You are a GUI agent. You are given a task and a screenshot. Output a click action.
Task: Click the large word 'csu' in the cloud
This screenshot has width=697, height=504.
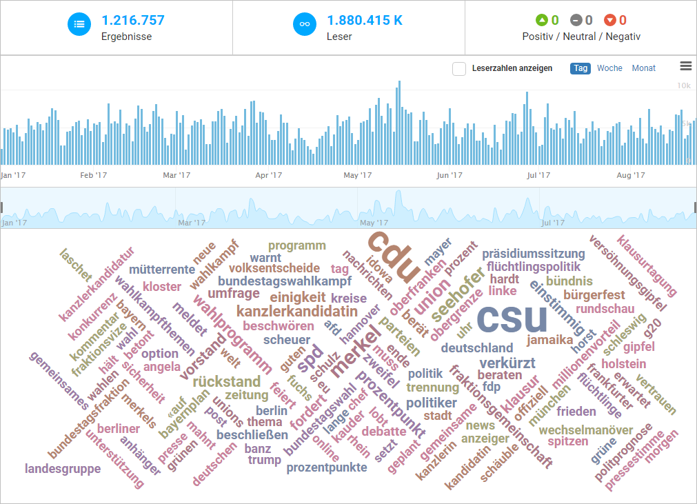512,319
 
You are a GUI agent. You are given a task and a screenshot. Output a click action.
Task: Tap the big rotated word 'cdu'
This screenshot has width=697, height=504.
391,254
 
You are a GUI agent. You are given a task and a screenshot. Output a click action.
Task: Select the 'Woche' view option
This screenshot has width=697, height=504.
609,68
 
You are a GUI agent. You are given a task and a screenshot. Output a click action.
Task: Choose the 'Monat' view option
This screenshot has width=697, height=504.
643,68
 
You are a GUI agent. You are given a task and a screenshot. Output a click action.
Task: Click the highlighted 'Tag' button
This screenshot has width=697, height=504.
580,68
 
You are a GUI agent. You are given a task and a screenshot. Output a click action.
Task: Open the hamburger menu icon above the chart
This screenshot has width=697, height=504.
685,66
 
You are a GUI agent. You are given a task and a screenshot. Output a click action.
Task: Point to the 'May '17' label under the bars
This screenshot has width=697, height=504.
358,176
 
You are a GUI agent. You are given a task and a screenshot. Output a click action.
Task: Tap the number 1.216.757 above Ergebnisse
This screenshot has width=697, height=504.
132,21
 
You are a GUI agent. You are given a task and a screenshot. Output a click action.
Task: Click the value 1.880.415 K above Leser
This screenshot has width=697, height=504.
364,21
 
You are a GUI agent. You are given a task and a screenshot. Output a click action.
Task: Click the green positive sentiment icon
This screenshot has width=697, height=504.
542,21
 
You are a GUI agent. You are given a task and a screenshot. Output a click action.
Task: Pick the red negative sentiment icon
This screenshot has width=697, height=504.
609,21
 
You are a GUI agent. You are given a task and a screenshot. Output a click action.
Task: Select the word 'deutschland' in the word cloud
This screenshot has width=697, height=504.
477,347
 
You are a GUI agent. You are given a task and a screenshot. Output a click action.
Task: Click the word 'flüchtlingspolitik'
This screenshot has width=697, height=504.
534,267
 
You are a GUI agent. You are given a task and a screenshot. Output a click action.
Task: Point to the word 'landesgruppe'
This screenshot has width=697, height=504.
63,469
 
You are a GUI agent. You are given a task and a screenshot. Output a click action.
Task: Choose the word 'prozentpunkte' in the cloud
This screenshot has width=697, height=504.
327,467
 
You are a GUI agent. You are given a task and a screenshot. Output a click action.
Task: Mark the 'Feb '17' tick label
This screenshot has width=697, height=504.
94,176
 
